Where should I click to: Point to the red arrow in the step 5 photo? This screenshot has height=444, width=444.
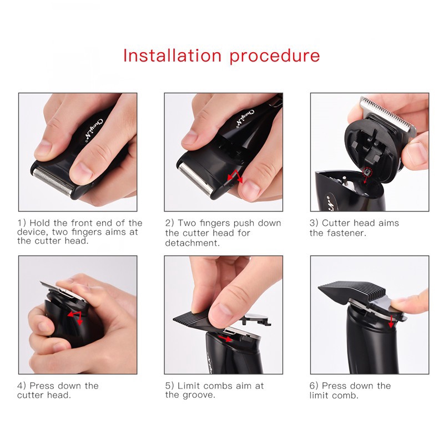[x=225, y=338]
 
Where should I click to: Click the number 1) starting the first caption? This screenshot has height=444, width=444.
[x=22, y=223]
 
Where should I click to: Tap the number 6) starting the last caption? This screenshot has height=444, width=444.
[x=315, y=386]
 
